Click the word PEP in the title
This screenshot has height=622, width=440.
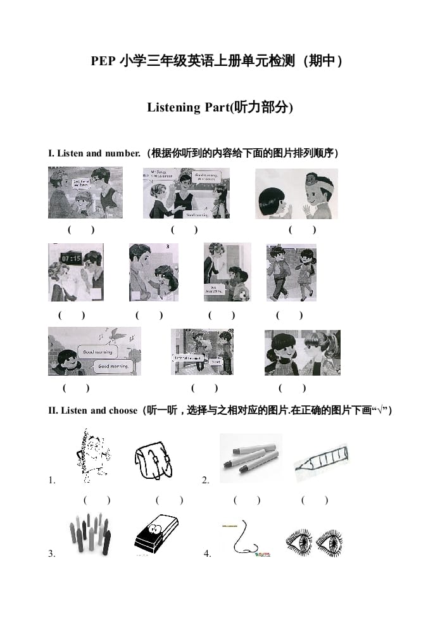(103, 61)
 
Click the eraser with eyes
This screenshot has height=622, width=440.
(156, 534)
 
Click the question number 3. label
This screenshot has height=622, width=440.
(52, 554)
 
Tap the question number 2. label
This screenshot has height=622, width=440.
(206, 481)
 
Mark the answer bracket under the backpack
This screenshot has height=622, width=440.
(169, 500)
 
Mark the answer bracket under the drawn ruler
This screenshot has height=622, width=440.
(315, 500)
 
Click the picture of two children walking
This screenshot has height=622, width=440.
(291, 273)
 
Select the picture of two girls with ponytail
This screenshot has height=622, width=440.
(302, 352)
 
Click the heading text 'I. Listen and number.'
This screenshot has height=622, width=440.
(94, 153)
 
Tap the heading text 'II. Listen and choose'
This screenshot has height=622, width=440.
(92, 410)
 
